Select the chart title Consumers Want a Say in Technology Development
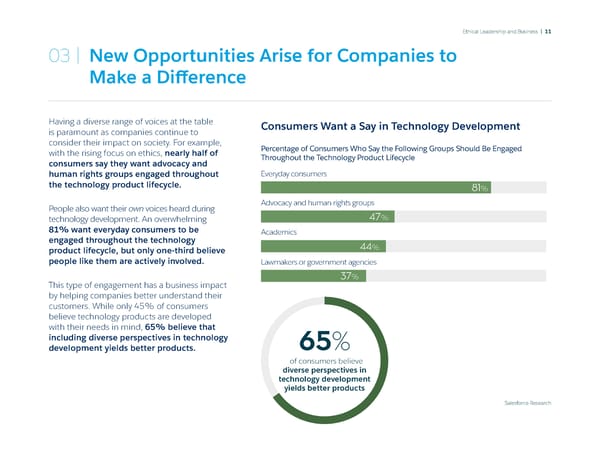390,126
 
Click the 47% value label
379,218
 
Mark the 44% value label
369,246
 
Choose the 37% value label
350,276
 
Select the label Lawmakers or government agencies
318,261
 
